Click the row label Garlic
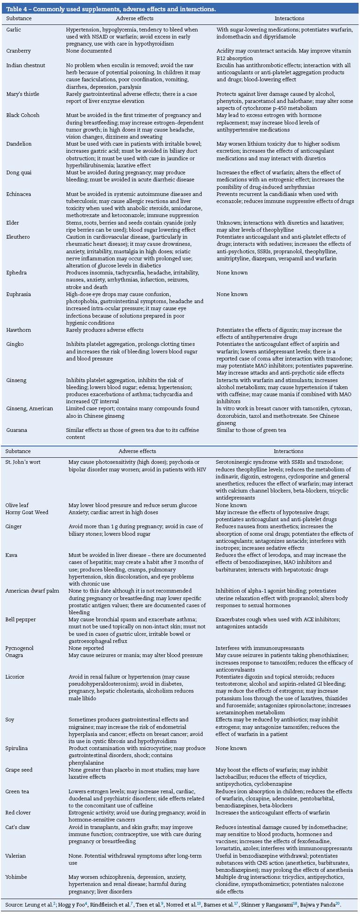pyautogui.click(x=14, y=30)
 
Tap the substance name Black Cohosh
pyautogui.click(x=23, y=115)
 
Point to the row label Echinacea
pyautogui.click(x=19, y=194)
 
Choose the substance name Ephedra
pyautogui.click(x=16, y=273)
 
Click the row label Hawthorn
pyautogui.click(x=18, y=330)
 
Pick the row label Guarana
pyautogui.click(x=17, y=430)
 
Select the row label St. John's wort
pyautogui.click(x=23, y=462)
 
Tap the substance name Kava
pyautogui.click(x=11, y=555)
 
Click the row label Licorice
pyautogui.click(x=15, y=677)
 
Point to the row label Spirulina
pyautogui.click(x=16, y=748)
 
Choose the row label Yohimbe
pyautogui.click(x=16, y=877)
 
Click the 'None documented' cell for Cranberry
pyautogui.click(x=86, y=51)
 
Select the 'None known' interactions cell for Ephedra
pyautogui.click(x=232, y=273)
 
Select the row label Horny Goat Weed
pyautogui.click(x=27, y=512)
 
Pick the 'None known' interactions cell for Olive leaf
pyautogui.click(x=231, y=505)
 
